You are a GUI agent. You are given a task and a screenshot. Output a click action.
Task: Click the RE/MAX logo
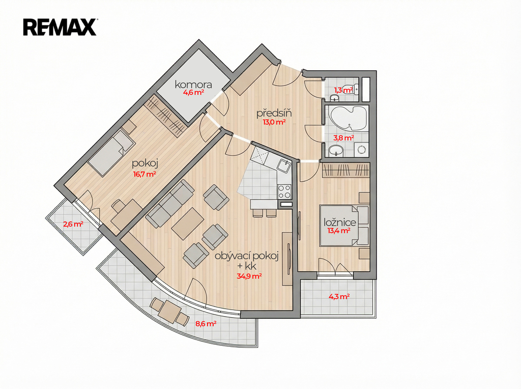60,27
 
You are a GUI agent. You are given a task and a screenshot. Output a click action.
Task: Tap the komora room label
193,85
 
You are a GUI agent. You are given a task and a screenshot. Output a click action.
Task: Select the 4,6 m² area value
193,93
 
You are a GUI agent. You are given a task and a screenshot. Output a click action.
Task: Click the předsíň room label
274,113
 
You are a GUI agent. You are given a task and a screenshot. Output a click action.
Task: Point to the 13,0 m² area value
274,122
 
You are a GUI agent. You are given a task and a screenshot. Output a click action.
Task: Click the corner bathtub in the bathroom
347,119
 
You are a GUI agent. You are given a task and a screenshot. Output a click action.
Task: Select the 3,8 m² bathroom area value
343,137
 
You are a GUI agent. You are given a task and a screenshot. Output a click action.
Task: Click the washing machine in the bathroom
361,149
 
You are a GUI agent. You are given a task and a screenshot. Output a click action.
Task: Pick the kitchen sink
284,165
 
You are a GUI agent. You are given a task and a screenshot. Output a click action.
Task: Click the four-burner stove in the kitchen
284,191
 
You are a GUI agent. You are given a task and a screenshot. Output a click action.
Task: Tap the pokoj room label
144,163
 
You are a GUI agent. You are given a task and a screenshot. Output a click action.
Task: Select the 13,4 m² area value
339,231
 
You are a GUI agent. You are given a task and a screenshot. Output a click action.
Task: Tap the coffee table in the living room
188,224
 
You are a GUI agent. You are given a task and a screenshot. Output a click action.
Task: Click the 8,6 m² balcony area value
206,323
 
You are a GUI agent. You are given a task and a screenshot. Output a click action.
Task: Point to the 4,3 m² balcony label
339,296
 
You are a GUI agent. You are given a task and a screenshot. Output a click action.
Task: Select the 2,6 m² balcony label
73,224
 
